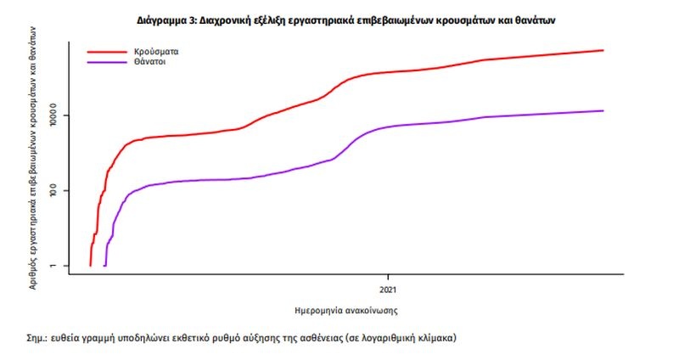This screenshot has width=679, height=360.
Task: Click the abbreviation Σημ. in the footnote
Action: (x=36, y=338)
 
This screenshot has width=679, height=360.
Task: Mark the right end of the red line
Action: (x=603, y=50)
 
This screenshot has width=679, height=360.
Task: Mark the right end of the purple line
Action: (x=603, y=110)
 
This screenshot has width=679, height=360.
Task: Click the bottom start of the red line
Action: (x=90, y=266)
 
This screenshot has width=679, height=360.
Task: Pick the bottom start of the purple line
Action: (x=104, y=266)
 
